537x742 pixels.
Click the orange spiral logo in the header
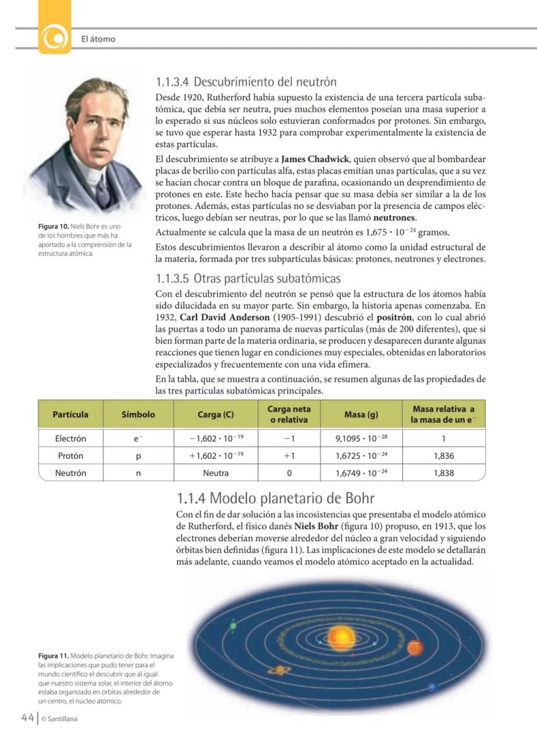pos(55,38)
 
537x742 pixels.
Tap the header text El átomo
pos(98,39)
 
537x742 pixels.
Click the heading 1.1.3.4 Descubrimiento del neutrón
pos(246,82)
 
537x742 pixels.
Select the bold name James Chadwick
pos(315,159)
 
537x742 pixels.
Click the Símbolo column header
pos(138,414)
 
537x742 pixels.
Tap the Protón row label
pos(70,456)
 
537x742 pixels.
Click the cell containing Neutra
pos(215,473)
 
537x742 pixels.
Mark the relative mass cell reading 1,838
pos(443,473)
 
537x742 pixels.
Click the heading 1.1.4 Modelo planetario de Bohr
pos(276,499)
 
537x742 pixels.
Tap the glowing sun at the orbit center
pos(340,636)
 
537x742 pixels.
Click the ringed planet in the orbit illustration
pos(281,670)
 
